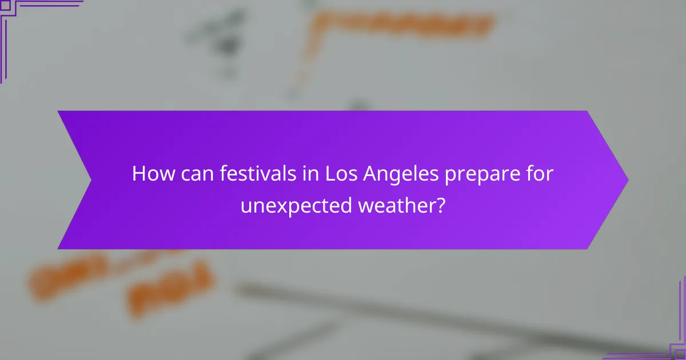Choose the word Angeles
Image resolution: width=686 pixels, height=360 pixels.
click(x=398, y=175)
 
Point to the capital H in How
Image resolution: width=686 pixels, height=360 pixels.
click(x=138, y=174)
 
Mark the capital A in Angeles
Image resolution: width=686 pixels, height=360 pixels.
click(x=369, y=174)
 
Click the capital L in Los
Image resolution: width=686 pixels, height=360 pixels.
click(x=330, y=174)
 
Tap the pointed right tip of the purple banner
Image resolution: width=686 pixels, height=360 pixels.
click(x=627, y=179)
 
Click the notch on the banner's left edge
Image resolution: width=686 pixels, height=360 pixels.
click(x=90, y=179)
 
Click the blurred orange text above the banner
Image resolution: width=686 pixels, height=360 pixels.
click(x=400, y=26)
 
